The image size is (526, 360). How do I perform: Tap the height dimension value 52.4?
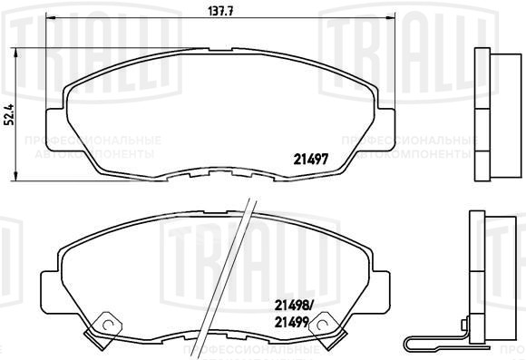pyautogui.click(x=9, y=117)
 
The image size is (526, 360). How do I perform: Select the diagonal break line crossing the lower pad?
pyautogui.click(x=238, y=272)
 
